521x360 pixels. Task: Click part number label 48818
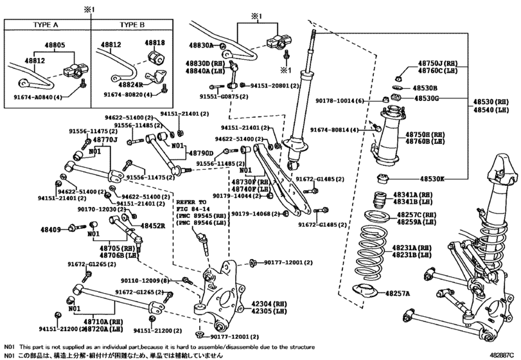[154, 44]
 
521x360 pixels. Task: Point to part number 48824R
[127, 84]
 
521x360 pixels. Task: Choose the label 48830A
[200, 46]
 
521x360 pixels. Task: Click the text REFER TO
[190, 201]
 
